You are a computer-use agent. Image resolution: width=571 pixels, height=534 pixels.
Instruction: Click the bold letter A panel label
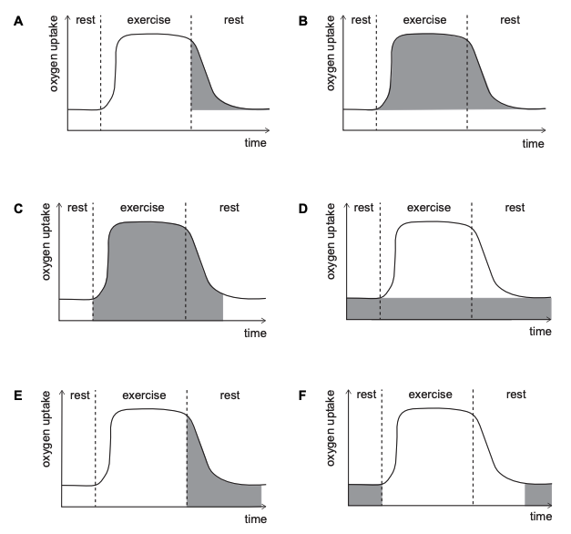(x=18, y=21)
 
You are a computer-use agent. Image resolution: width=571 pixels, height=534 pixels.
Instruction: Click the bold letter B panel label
(x=303, y=21)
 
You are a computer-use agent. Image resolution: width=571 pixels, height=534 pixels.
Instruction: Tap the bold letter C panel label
(x=18, y=209)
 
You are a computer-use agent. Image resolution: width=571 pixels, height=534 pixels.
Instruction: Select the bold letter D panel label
(x=303, y=209)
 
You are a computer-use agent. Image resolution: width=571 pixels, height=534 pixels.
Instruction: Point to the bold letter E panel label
(x=18, y=395)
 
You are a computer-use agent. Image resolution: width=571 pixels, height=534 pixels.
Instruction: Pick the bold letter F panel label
(x=302, y=395)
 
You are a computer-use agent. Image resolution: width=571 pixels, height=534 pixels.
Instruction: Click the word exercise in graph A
(x=148, y=20)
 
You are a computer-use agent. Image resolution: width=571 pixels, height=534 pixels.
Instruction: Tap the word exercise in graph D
(x=429, y=208)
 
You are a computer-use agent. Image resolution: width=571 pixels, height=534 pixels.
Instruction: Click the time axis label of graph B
(x=533, y=144)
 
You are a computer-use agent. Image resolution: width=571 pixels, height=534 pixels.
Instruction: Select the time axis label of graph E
(x=256, y=519)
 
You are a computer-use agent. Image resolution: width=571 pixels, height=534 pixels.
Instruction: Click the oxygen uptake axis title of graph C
(x=46, y=241)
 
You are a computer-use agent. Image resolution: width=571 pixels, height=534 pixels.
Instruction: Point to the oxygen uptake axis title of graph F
(x=331, y=428)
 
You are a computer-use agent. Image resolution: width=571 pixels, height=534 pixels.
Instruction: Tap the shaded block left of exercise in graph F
(x=365, y=495)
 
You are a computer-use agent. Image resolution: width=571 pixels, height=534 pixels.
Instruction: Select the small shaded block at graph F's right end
(x=538, y=495)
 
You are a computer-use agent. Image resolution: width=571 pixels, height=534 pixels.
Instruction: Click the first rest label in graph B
(x=361, y=20)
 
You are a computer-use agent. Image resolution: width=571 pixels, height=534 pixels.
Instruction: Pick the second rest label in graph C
(x=229, y=208)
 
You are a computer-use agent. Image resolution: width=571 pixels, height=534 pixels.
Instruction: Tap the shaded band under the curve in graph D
(x=449, y=308)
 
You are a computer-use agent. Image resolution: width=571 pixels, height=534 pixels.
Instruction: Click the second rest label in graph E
(x=229, y=395)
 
